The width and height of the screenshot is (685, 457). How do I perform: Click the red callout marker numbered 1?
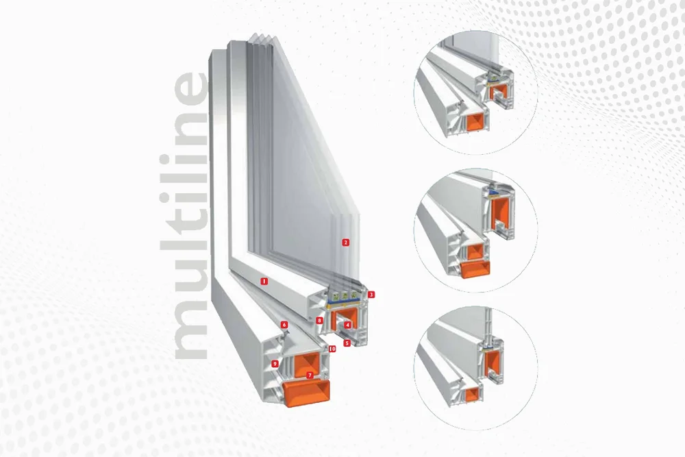264,281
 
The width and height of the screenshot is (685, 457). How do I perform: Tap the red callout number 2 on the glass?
345,243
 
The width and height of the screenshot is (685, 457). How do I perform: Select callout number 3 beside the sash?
371,295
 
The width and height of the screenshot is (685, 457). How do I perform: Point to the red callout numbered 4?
347,325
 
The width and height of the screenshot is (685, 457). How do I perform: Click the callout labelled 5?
347,343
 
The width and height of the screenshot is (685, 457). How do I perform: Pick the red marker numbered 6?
284,325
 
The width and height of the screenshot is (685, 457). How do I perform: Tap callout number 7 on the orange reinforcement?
310,375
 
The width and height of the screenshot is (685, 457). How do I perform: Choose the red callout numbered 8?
320,321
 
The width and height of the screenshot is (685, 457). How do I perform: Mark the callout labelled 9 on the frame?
275,364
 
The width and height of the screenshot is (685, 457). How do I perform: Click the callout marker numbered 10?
332,349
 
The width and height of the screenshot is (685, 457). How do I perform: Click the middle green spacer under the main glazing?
344,295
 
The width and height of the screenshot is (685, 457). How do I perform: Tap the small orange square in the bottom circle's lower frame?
471,394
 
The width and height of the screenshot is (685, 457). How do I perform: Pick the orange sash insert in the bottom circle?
490,364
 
